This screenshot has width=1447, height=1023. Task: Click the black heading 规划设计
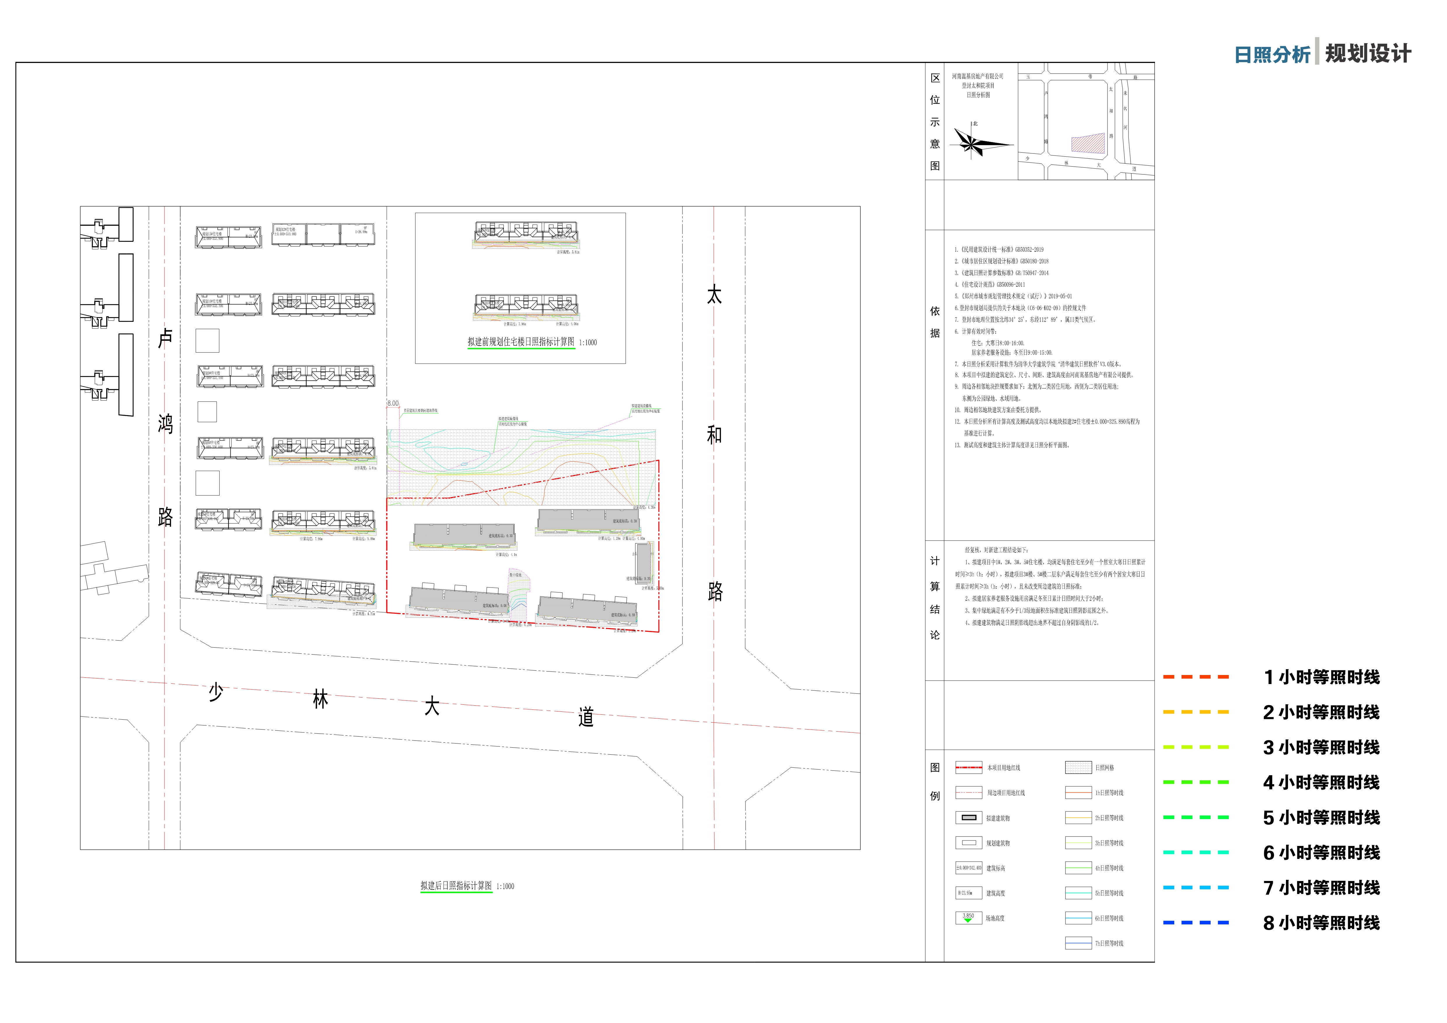(1368, 54)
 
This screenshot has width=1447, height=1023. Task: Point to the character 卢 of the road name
(165, 338)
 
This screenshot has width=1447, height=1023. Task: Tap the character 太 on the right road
(714, 294)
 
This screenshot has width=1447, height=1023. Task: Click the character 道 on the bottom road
(586, 717)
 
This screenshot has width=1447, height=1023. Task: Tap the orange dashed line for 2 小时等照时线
(1196, 712)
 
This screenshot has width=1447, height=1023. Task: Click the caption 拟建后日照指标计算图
(456, 886)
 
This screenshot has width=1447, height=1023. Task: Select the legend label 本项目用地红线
(1003, 768)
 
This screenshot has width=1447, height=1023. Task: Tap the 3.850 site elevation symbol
(968, 918)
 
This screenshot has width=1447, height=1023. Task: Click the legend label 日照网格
(1104, 768)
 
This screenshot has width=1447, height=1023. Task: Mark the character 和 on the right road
(714, 435)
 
